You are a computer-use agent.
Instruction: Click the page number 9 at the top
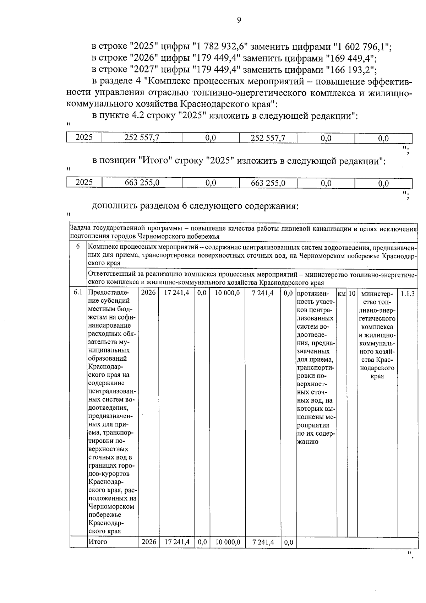tap(239, 20)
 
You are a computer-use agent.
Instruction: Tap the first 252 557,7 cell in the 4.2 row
tap(142, 138)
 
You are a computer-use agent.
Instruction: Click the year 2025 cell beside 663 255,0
tap(84, 183)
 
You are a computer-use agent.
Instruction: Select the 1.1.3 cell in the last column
tap(408, 294)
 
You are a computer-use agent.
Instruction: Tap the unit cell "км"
tap(342, 294)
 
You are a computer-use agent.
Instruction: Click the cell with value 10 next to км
tap(352, 294)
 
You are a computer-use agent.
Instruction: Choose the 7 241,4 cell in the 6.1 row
tap(263, 294)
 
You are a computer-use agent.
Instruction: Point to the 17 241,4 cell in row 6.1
tap(177, 294)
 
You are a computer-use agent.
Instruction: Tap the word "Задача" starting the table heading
tap(80, 228)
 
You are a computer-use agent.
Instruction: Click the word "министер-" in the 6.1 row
tap(377, 294)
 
